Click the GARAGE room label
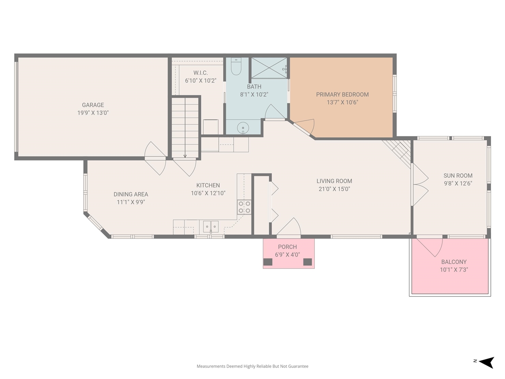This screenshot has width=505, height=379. click(x=93, y=105)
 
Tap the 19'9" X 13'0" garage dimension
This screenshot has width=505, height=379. click(x=93, y=113)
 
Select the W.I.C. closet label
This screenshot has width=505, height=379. click(x=200, y=73)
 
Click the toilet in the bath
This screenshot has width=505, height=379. click(x=236, y=67)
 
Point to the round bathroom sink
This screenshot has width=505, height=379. click(x=243, y=128)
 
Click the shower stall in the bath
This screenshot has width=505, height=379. click(x=269, y=68)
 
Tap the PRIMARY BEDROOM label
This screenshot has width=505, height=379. click(x=342, y=95)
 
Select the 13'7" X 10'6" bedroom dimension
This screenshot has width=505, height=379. click(x=342, y=103)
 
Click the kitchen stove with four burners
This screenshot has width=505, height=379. click(x=244, y=207)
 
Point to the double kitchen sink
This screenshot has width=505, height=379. click(x=211, y=227)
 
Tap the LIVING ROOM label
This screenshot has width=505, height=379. click(x=334, y=181)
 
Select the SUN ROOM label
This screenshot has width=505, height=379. click(x=458, y=176)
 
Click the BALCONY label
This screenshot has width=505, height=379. click(x=454, y=262)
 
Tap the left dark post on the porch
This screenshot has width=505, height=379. click(x=268, y=262)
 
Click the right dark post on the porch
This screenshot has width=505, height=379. click(x=308, y=262)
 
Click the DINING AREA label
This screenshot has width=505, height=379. click(x=131, y=194)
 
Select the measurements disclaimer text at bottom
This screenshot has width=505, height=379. click(x=252, y=366)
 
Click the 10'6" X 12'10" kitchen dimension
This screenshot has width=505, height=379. click(x=208, y=193)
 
